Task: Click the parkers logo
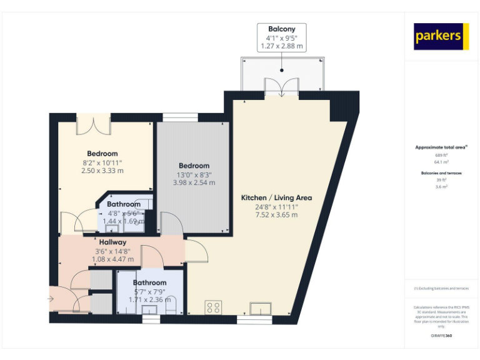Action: [441, 36]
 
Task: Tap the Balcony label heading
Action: [281, 29]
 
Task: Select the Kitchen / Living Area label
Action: [276, 197]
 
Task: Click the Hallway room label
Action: [112, 242]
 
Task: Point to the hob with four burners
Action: [213, 307]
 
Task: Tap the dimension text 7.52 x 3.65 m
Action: [276, 215]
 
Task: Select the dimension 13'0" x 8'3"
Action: [194, 175]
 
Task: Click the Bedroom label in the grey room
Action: [194, 166]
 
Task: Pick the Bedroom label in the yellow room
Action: [102, 154]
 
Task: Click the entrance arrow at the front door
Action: [51, 299]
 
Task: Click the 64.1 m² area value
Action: [442, 162]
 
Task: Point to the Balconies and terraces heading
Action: [442, 172]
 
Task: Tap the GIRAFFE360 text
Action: [442, 336]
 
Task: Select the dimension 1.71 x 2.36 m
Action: [149, 299]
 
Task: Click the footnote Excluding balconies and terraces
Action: [441, 288]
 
